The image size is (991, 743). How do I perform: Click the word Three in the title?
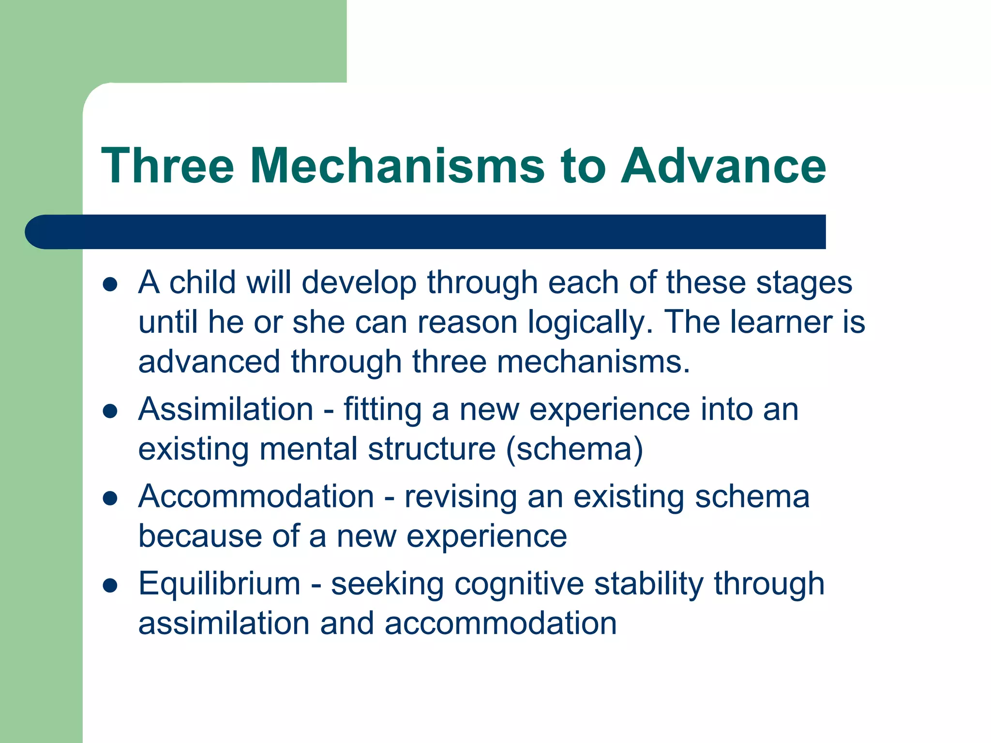click(x=167, y=166)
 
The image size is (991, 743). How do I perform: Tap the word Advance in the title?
click(x=723, y=166)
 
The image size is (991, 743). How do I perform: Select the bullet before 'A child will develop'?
click(x=111, y=284)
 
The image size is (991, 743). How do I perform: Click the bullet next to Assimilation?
click(x=111, y=411)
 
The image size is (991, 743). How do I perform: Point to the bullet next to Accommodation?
click(x=111, y=498)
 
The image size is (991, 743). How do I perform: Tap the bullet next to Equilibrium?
click(x=111, y=585)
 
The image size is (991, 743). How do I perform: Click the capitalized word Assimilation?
click(x=226, y=409)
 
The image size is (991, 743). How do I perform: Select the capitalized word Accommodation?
click(x=256, y=496)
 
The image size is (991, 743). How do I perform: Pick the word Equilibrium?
click(x=219, y=583)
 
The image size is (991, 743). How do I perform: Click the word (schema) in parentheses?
click(x=574, y=449)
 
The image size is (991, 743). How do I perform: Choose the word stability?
click(x=649, y=583)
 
